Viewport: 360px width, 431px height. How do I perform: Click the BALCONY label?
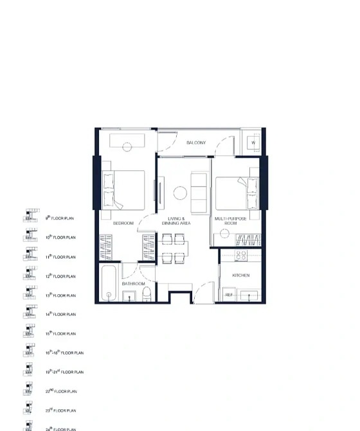(x=196, y=143)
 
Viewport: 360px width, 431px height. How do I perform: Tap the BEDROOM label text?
(x=123, y=223)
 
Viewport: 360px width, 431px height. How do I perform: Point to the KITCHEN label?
(x=240, y=276)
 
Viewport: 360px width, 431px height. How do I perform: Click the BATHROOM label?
(x=132, y=283)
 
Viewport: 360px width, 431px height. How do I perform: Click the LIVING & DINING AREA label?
(x=177, y=221)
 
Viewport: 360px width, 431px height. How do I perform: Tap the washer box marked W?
(x=253, y=143)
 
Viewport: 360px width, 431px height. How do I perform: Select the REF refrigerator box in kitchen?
(x=229, y=295)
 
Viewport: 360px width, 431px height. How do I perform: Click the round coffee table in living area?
(x=180, y=192)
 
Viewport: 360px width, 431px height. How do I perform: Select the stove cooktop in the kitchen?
(x=241, y=256)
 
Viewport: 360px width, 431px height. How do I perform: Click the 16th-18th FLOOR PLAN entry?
(x=64, y=353)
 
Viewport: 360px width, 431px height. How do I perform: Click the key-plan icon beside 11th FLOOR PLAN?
(x=30, y=254)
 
